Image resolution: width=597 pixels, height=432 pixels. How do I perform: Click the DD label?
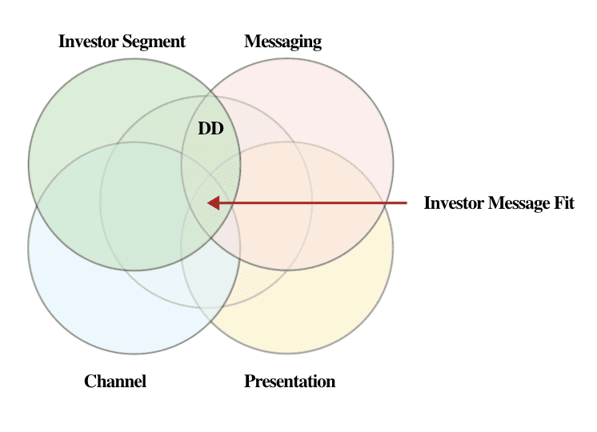tap(210, 128)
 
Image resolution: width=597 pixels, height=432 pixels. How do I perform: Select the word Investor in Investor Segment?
tap(89, 42)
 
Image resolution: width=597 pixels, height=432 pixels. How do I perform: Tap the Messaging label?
tap(282, 42)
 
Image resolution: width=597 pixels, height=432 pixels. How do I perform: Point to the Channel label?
tap(115, 381)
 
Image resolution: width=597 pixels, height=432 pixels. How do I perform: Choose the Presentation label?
tap(290, 381)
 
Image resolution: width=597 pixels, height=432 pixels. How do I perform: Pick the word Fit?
tap(563, 203)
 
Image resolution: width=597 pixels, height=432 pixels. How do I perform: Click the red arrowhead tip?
tap(208, 203)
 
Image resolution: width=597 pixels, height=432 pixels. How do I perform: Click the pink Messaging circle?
tap(336, 104)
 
